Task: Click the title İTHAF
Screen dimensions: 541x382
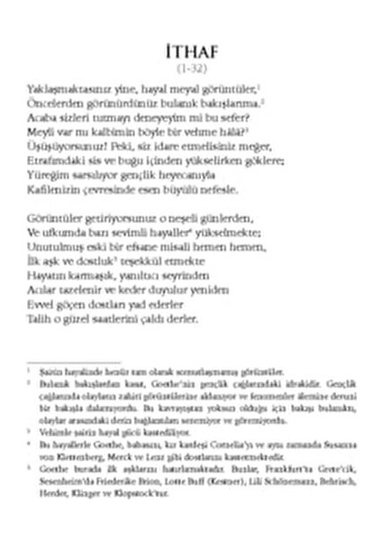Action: (191, 49)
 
